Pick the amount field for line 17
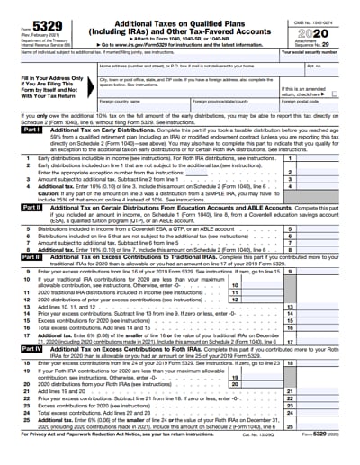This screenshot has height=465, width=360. (325, 342)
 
